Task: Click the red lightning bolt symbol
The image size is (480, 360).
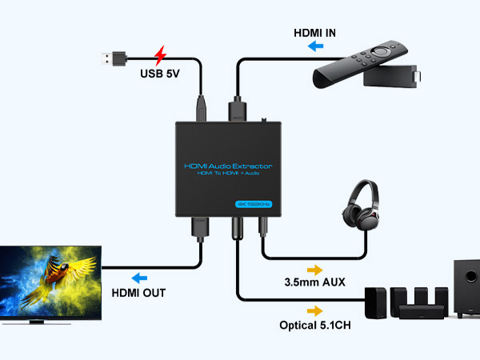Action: (x=160, y=55)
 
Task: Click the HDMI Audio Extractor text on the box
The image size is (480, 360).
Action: (x=228, y=166)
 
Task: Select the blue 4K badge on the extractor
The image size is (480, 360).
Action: (x=255, y=203)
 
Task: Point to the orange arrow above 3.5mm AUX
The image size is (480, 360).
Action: (x=314, y=270)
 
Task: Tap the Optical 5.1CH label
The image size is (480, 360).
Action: (x=316, y=325)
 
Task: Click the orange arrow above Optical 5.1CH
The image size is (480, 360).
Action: (x=314, y=310)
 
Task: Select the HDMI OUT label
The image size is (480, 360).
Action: (x=138, y=293)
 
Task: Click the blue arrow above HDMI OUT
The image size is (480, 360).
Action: (x=140, y=278)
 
